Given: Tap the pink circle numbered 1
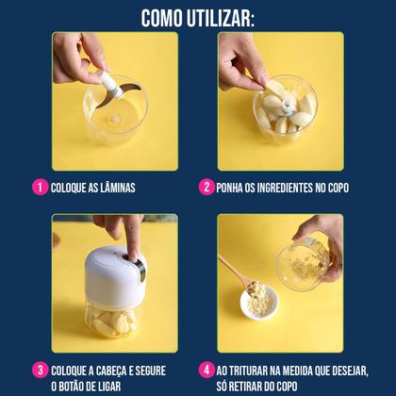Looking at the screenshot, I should [40, 187].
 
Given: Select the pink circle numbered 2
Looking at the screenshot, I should [206, 187].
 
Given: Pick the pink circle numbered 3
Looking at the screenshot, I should [40, 370].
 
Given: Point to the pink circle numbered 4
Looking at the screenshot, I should [206, 370].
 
